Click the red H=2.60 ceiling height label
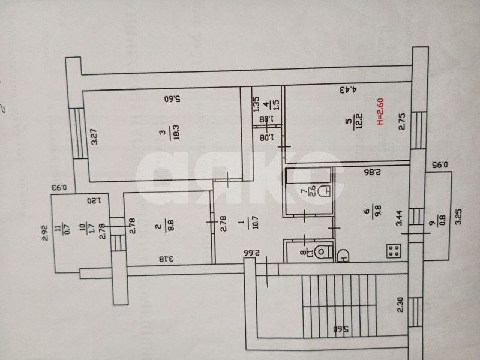click(379, 112)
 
